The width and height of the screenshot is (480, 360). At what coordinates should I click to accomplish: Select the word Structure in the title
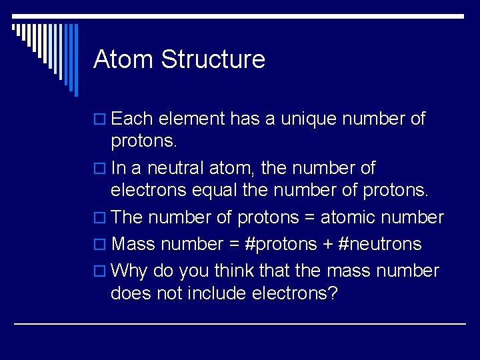click(x=213, y=59)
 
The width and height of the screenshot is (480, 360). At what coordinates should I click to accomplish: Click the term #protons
click(x=281, y=245)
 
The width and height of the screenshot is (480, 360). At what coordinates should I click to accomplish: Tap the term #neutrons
click(x=380, y=245)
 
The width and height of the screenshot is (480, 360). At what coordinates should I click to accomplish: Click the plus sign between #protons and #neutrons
click(x=328, y=245)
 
